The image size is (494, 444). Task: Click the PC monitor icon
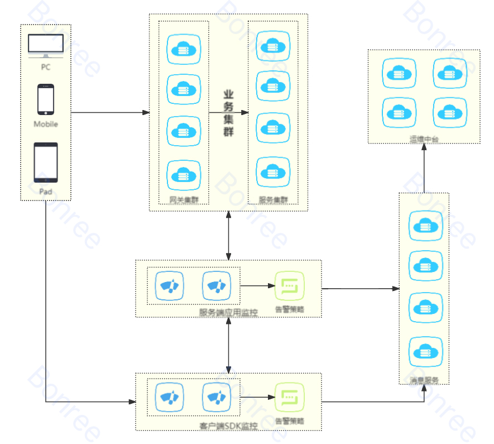tap(46, 45)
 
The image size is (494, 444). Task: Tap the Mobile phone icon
tap(46, 99)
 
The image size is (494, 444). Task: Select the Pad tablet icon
tap(46, 162)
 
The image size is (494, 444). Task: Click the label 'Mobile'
tap(46, 124)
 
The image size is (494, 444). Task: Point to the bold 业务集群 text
tap(228, 114)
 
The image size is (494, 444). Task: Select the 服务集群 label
tap(273, 200)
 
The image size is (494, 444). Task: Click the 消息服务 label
tap(424, 380)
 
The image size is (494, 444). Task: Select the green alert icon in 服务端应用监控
tap(290, 286)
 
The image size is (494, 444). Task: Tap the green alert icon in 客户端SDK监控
tap(290, 397)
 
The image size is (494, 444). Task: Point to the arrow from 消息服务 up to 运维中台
tap(424, 168)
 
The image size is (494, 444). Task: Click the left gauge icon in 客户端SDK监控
tap(169, 397)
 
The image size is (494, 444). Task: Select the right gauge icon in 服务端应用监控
tap(217, 286)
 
